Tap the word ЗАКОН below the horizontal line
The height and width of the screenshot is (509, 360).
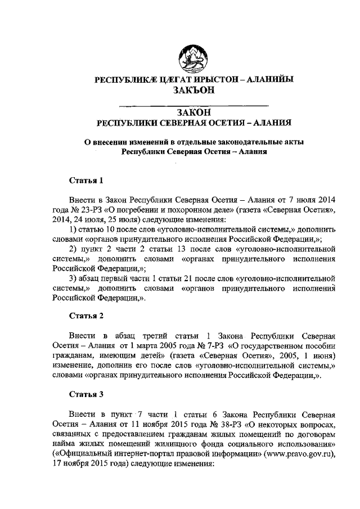point(193,112)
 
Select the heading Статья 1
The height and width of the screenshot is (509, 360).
point(86,181)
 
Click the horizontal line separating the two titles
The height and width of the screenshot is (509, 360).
point(192,105)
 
